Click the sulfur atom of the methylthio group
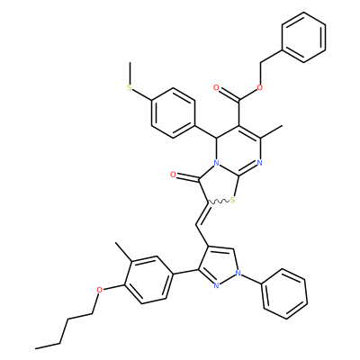coord(130,87)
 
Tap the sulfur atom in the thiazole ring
coord(233,200)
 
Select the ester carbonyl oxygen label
coord(216,87)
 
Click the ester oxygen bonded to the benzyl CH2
coord(260,87)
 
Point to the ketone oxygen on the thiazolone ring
coord(173,175)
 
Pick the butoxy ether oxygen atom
coord(99,290)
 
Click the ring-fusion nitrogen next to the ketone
coord(216,164)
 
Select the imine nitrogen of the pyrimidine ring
coord(260,164)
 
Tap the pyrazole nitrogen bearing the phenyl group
coord(238,273)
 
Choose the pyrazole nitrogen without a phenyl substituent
coord(216,285)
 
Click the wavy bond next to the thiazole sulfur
coord(219,202)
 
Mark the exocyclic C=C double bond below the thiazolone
coord(202,214)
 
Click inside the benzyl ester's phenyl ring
coord(303,37)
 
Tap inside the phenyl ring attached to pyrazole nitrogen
coord(285,293)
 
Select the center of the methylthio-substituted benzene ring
coord(173,112)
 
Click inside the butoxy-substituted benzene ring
coord(148,280)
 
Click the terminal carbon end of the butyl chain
coord(36,348)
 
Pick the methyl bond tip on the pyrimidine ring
coord(283,126)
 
